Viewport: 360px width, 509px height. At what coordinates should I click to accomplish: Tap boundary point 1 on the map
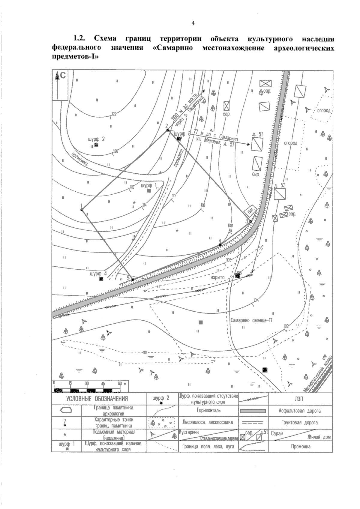82,209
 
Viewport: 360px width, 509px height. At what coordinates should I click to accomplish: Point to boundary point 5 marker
133,280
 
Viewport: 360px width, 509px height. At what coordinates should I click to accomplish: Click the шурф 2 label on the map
96,139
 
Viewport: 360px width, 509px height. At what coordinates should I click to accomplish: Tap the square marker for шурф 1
148,190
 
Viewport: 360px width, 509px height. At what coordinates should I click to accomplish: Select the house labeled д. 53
280,194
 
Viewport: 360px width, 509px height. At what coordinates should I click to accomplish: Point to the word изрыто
218,277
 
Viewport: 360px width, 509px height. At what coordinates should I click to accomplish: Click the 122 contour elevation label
114,114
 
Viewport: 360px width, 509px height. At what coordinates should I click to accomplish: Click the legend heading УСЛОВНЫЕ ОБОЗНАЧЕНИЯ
97,399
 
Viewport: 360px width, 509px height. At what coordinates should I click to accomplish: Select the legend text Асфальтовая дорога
300,411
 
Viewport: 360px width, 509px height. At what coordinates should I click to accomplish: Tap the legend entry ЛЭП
300,399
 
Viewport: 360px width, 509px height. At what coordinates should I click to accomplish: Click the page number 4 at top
193,23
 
